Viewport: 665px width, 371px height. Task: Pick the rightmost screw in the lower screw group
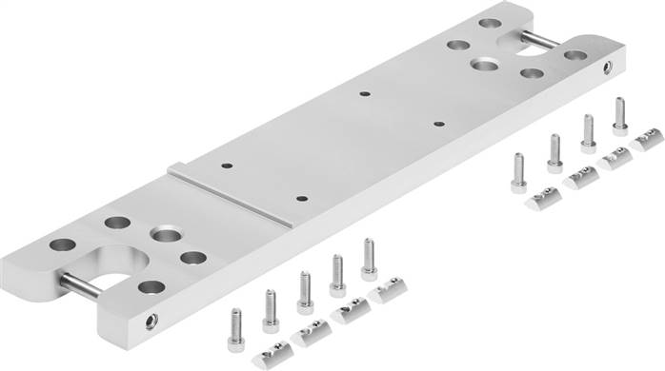coord(369,259)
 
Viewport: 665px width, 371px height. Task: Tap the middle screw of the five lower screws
coord(305,291)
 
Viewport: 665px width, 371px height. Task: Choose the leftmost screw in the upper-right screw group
coord(519,172)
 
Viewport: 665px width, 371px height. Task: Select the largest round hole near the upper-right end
coord(489,64)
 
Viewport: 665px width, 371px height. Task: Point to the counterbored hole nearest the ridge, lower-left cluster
coord(166,234)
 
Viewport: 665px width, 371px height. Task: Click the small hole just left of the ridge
coord(227,165)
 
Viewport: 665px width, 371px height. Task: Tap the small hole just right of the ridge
coord(301,199)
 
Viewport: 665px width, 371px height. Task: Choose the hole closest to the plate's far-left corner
coord(64,244)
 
